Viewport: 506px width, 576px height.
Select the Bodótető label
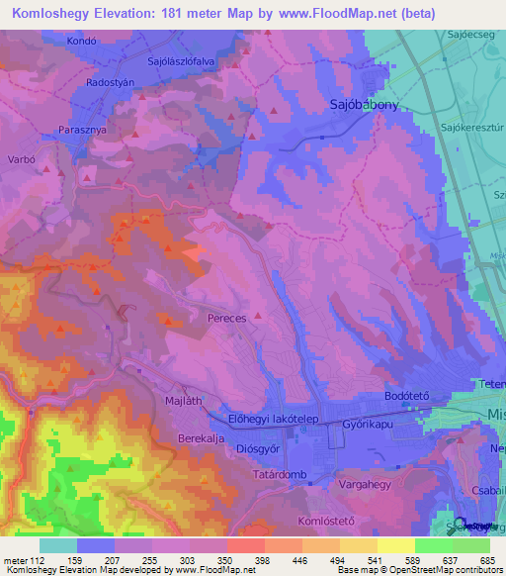pos(405,396)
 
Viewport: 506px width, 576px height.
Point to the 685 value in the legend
pos(485,560)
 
